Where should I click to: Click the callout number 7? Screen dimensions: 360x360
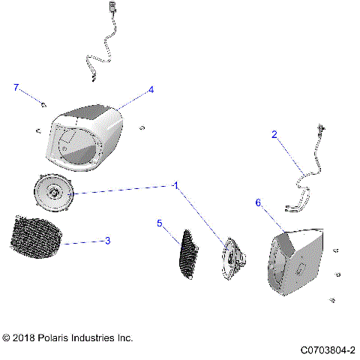[16, 88]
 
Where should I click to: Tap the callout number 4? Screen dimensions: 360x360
[151, 90]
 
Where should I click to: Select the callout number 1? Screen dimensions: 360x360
[176, 186]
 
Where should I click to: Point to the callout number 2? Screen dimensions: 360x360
[274, 135]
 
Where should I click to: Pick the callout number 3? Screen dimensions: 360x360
[107, 241]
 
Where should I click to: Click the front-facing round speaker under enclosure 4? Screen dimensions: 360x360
[53, 193]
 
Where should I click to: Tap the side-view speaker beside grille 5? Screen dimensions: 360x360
[233, 259]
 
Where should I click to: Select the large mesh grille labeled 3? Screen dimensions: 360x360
[35, 237]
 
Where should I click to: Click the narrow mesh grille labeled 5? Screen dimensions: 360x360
[188, 254]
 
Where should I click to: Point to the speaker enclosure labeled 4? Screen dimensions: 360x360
[85, 138]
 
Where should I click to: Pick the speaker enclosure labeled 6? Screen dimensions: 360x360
[295, 262]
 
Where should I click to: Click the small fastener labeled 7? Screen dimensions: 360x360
[43, 105]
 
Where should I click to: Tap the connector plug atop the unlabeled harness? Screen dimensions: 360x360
[112, 6]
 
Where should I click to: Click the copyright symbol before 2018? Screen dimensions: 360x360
[6, 338]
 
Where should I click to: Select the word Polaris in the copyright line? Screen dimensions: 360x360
[52, 338]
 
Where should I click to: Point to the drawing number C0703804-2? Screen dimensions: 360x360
[328, 350]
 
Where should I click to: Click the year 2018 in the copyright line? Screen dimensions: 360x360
[23, 338]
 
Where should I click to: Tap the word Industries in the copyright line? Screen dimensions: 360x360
[93, 338]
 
